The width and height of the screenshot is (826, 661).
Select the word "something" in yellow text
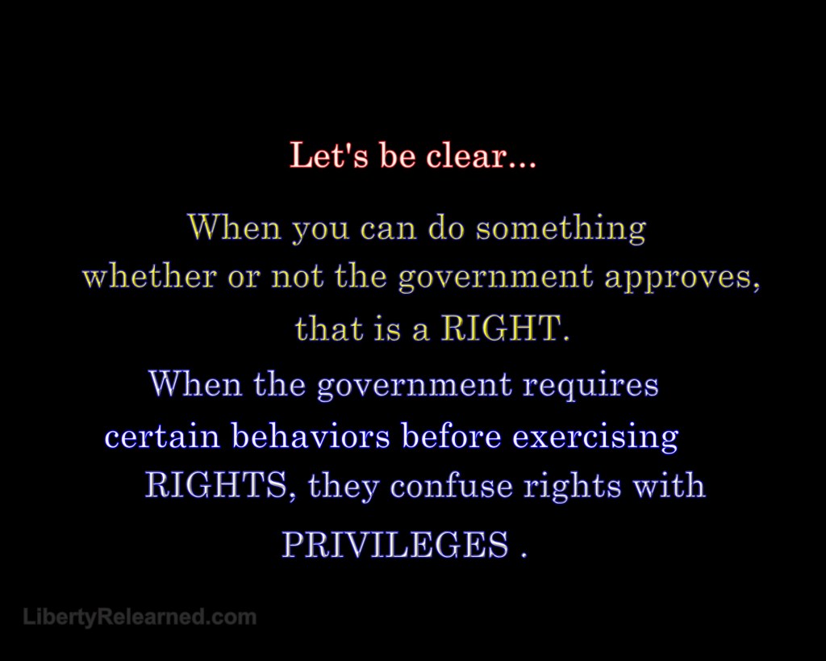[561, 228]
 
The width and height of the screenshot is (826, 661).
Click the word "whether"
[149, 276]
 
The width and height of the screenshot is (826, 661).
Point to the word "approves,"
[682, 278]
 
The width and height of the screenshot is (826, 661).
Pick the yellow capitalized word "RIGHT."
[505, 328]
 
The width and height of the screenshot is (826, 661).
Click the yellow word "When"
[234, 227]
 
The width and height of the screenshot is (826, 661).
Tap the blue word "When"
[195, 383]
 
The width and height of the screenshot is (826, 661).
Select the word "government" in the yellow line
[495, 278]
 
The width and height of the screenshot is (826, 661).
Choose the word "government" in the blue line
[414, 386]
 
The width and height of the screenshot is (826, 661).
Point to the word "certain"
[161, 437]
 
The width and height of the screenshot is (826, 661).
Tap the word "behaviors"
[311, 436]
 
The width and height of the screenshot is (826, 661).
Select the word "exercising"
[595, 437]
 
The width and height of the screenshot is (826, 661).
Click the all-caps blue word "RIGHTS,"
[218, 486]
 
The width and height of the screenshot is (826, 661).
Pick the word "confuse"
[452, 486]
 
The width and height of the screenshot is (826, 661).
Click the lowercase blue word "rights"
[572, 487]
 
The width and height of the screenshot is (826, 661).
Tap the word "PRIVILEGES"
[395, 545]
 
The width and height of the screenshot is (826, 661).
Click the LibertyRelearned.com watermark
[140, 617]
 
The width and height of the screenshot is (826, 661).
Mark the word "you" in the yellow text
[320, 230]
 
